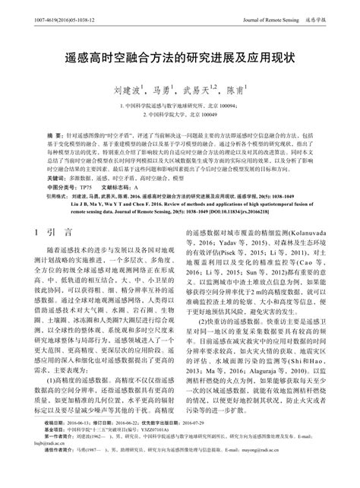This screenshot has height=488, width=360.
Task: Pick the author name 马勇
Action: [163, 92]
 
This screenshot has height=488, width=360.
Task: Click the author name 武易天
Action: [198, 92]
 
